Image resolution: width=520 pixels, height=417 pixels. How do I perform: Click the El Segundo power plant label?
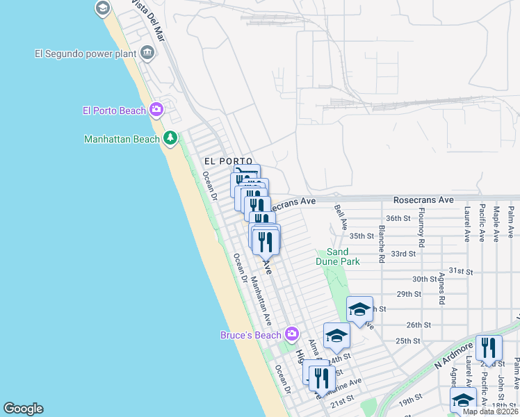point(86,53)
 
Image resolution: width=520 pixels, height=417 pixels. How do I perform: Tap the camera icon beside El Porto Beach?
point(156,109)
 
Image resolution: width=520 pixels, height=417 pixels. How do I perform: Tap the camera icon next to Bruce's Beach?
point(291,334)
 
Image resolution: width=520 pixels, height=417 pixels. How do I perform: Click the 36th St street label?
point(399,218)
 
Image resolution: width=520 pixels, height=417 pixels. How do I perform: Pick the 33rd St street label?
point(418,254)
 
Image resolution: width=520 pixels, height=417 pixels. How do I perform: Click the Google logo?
point(23,409)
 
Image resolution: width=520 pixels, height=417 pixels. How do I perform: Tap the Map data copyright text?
point(490,411)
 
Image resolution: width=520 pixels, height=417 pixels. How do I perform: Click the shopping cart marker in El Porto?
point(245,175)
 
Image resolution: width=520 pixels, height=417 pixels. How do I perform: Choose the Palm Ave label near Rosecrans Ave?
point(511,224)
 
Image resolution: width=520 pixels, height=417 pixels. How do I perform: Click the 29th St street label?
point(409,294)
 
